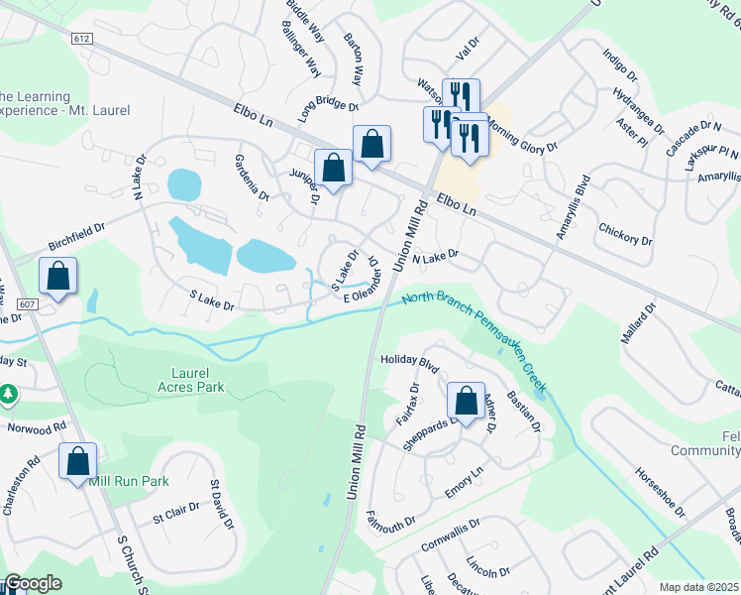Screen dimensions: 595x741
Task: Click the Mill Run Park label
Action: [129, 481]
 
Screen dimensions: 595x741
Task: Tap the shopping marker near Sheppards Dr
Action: [465, 401]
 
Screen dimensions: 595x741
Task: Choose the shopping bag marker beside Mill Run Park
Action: [77, 461]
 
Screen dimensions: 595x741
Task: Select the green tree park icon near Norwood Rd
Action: [10, 396]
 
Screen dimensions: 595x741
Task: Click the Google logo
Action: [33, 584]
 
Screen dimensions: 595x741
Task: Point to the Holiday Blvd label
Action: [409, 362]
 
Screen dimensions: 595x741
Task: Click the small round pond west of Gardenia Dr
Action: [184, 183]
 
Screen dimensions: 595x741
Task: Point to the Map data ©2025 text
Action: [698, 587]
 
